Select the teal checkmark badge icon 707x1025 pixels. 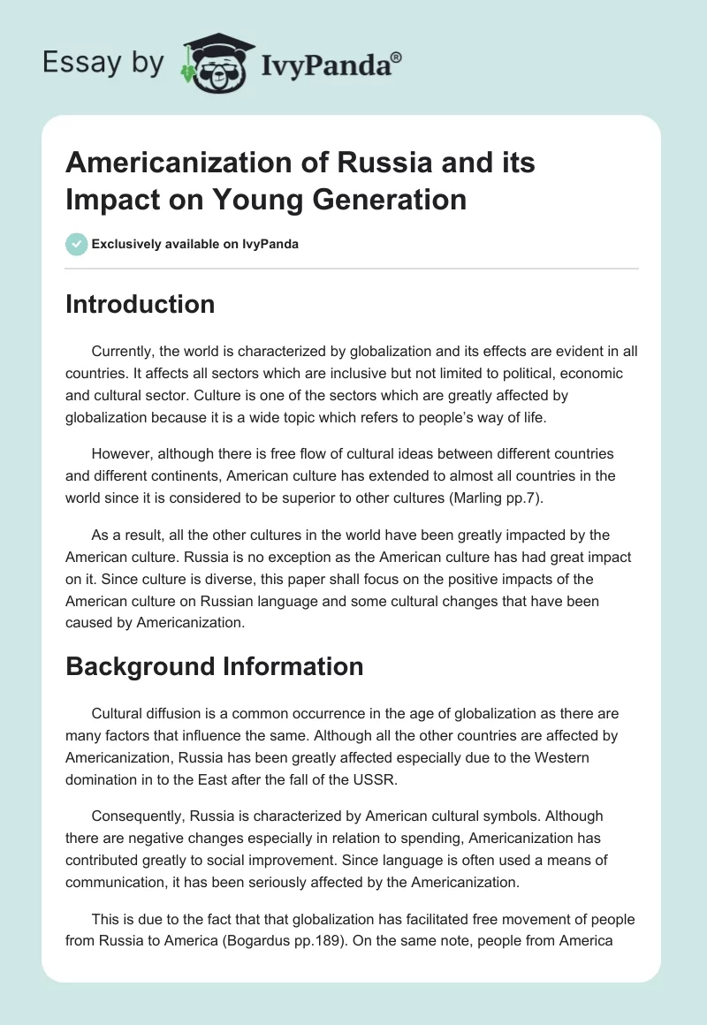[x=76, y=244]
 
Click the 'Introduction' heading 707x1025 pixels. [x=140, y=304]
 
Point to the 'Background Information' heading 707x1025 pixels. [x=214, y=666]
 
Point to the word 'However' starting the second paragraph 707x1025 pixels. [x=121, y=454]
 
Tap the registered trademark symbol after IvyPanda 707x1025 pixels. [x=398, y=56]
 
